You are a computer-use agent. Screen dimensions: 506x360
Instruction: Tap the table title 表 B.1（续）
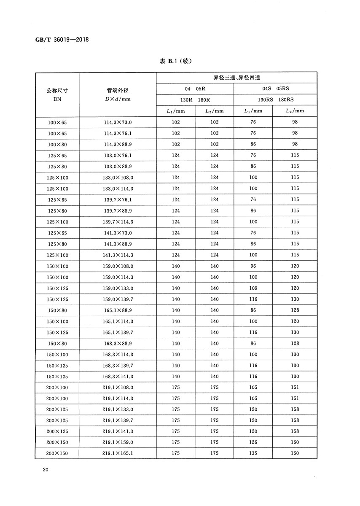176,62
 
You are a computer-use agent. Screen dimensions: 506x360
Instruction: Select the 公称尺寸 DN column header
57,94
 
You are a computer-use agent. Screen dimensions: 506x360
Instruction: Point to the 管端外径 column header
118,94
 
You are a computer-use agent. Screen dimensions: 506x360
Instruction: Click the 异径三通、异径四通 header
236,78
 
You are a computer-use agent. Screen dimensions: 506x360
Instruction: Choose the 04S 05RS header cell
275,89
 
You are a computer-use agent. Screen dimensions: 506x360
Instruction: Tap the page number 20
45,469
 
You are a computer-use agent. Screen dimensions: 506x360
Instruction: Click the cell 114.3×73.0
118,122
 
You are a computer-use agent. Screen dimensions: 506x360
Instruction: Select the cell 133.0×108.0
118,178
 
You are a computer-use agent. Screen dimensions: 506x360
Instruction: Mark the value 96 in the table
253,266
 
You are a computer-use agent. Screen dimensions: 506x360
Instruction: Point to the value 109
253,288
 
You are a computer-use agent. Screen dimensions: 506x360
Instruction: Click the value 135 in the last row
253,453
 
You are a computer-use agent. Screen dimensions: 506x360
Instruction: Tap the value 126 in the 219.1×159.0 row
253,442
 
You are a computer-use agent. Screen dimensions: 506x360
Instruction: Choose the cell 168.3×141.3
118,376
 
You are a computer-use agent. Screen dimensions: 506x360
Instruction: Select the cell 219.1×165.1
118,453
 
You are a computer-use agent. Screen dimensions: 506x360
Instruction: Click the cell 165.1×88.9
118,310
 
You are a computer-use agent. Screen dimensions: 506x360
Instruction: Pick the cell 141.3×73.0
118,233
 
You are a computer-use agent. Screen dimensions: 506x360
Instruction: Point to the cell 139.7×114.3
118,222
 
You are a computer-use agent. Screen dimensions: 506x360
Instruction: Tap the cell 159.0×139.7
118,299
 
